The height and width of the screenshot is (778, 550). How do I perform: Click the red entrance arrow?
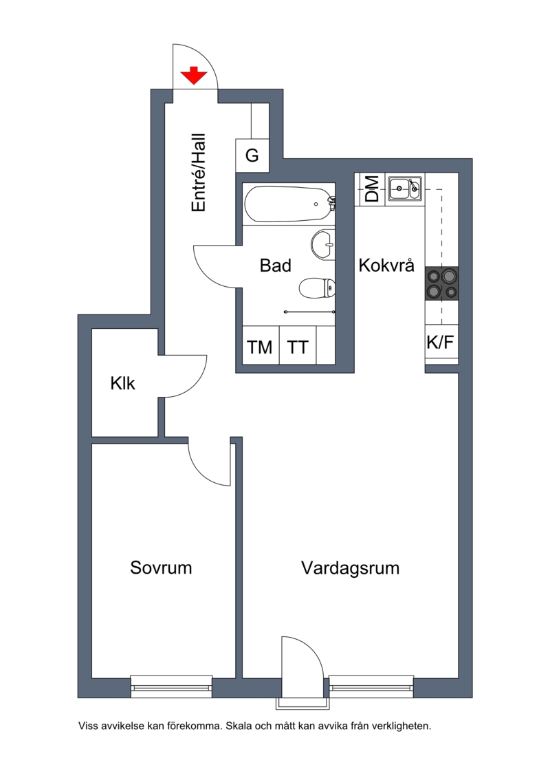(x=193, y=75)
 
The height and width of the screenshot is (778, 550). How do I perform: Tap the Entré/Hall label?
(x=199, y=173)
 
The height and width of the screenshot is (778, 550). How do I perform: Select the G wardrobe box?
(x=252, y=155)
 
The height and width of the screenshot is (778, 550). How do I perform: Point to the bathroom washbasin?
(x=323, y=244)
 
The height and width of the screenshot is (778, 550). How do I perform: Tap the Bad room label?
(x=275, y=266)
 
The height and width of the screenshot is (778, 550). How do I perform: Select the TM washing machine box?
(x=261, y=345)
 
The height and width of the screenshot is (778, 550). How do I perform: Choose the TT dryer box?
(x=298, y=345)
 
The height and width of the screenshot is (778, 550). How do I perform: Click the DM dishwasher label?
(x=371, y=188)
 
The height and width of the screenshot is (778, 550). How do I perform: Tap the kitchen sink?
(x=405, y=188)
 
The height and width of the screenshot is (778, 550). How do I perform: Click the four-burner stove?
(x=441, y=283)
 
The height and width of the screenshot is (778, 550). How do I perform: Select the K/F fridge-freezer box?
(x=441, y=343)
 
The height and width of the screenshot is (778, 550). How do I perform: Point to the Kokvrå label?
(x=386, y=266)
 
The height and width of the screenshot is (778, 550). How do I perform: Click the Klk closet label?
(x=122, y=383)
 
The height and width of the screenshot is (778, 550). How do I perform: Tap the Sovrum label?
(x=161, y=567)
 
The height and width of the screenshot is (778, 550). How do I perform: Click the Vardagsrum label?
(x=350, y=568)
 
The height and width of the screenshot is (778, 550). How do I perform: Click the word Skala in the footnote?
(x=239, y=726)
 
